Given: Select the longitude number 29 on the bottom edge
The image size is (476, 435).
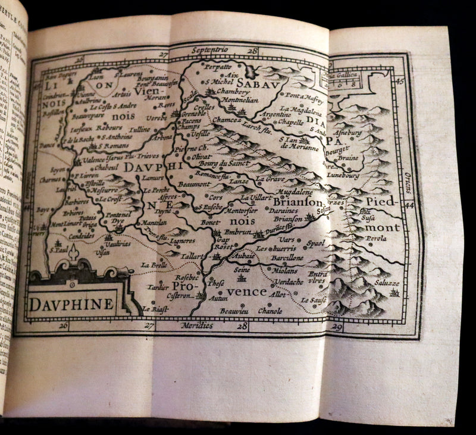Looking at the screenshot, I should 337,327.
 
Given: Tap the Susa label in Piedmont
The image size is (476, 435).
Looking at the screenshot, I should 368,219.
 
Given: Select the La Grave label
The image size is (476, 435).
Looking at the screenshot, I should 269,177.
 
